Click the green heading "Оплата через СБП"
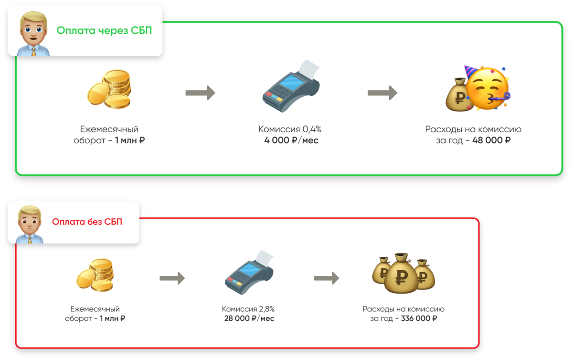click(104, 31)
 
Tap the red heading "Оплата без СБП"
click(87, 222)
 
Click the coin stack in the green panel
click(109, 89)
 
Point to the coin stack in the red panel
click(95, 275)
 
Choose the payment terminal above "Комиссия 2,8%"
click(249, 273)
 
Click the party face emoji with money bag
click(477, 89)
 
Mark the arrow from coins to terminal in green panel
click(200, 93)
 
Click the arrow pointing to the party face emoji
click(382, 93)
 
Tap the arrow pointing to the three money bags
click(326, 278)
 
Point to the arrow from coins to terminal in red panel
click(172, 278)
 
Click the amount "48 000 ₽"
click(491, 141)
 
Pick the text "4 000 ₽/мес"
click(291, 141)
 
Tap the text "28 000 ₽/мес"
click(249, 318)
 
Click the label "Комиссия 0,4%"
click(291, 129)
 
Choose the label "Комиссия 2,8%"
click(249, 309)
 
